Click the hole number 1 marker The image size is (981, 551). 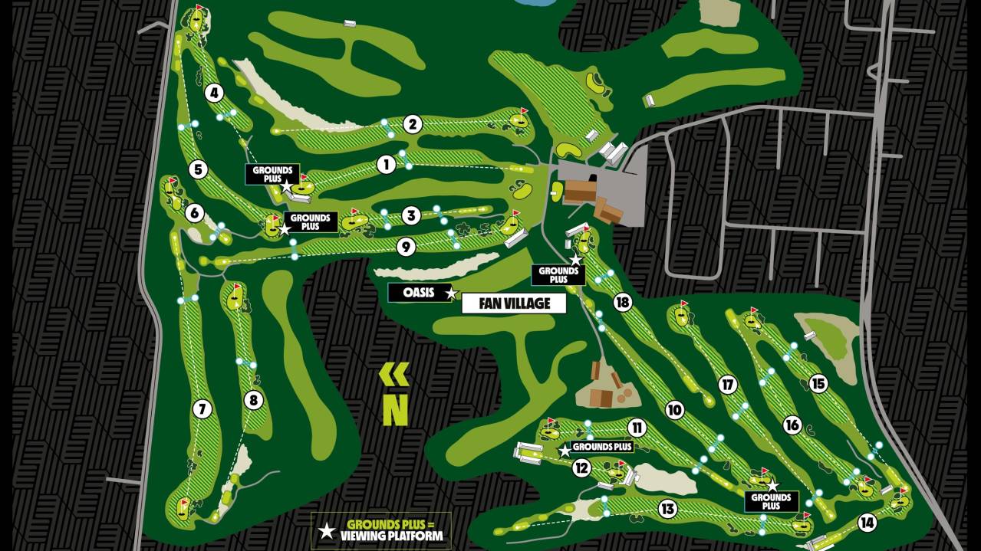point(386,163)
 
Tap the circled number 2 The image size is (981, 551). point(413,124)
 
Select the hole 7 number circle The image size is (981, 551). point(202,409)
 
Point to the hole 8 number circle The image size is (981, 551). point(253,400)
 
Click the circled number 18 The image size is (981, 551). point(622,303)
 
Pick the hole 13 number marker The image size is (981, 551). point(667,508)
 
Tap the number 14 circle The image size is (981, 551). point(867,523)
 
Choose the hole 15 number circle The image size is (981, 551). point(819,383)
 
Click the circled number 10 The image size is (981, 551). point(674,410)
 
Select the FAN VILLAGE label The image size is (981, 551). point(514,303)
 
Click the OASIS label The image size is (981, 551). point(419,293)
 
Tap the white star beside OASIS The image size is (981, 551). point(452,294)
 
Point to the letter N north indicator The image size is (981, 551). point(395,411)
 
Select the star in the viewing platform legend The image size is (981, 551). point(327,531)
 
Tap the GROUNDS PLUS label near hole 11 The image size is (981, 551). point(602,447)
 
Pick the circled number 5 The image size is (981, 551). point(198,169)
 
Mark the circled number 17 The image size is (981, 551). point(728,385)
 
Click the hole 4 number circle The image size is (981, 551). point(214,93)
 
